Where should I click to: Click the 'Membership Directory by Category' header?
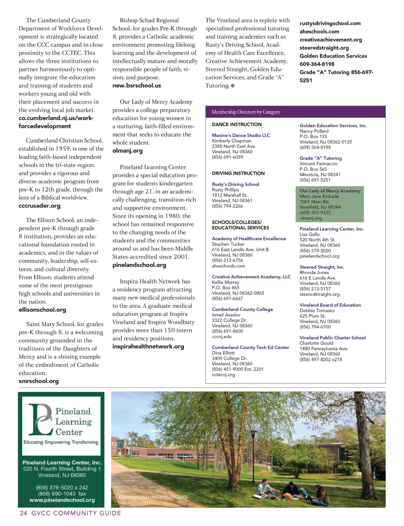246,112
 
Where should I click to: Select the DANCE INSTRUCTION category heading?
237,124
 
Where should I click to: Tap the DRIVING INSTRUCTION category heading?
238,173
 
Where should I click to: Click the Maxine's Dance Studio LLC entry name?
241,135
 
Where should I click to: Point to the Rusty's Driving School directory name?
235,184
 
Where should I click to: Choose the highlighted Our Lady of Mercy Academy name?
330,191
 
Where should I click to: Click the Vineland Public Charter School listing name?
332,338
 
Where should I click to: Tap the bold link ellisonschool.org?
42,310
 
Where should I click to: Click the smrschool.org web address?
39,381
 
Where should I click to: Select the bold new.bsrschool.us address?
137,85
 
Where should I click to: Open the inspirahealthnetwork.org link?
148,346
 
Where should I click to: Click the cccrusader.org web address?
40,205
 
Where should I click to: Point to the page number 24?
24,513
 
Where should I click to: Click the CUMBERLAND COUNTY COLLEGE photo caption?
154,497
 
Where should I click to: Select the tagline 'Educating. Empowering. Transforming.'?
61,442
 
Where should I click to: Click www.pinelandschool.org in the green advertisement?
62,500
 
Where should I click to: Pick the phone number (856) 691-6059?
227,157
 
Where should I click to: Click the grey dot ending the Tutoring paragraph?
233,86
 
